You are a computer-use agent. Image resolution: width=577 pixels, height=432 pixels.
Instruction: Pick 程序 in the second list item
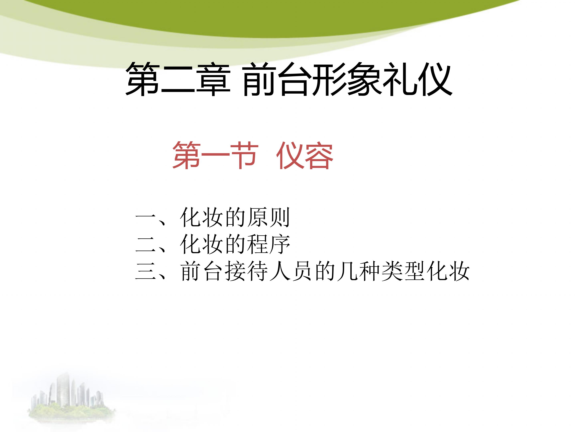(x=268, y=244)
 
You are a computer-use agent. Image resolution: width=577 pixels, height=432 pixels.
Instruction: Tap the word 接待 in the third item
(x=246, y=271)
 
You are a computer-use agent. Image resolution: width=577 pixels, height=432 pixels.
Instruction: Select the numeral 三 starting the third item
(x=146, y=272)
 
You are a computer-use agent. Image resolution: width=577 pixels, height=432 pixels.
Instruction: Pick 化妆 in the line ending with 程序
(x=201, y=244)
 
